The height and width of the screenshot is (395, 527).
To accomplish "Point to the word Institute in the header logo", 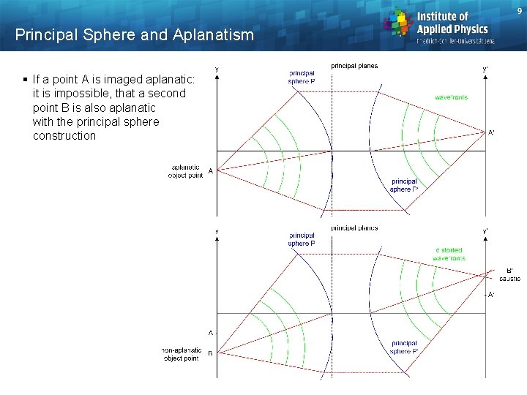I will [x=442, y=16].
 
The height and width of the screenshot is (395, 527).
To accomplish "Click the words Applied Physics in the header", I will [x=452, y=29].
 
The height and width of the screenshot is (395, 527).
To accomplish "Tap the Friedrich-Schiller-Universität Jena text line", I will [x=455, y=41].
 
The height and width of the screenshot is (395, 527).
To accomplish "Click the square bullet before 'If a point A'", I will [x=25, y=79].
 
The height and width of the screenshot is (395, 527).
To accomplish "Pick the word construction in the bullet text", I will [x=64, y=135].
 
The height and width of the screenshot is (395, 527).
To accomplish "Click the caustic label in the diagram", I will [x=509, y=279].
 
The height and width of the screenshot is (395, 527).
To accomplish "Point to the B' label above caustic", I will [x=509, y=270].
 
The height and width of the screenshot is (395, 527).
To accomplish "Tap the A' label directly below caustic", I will [x=490, y=295].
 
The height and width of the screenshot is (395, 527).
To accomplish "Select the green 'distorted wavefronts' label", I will [x=449, y=254].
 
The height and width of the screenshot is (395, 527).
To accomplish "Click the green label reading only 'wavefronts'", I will [x=451, y=97].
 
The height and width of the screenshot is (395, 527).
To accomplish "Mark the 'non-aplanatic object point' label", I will [x=182, y=355].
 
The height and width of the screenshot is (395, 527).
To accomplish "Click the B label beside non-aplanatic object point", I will [x=211, y=355].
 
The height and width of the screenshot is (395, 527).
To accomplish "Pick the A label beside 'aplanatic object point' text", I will [x=211, y=171].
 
